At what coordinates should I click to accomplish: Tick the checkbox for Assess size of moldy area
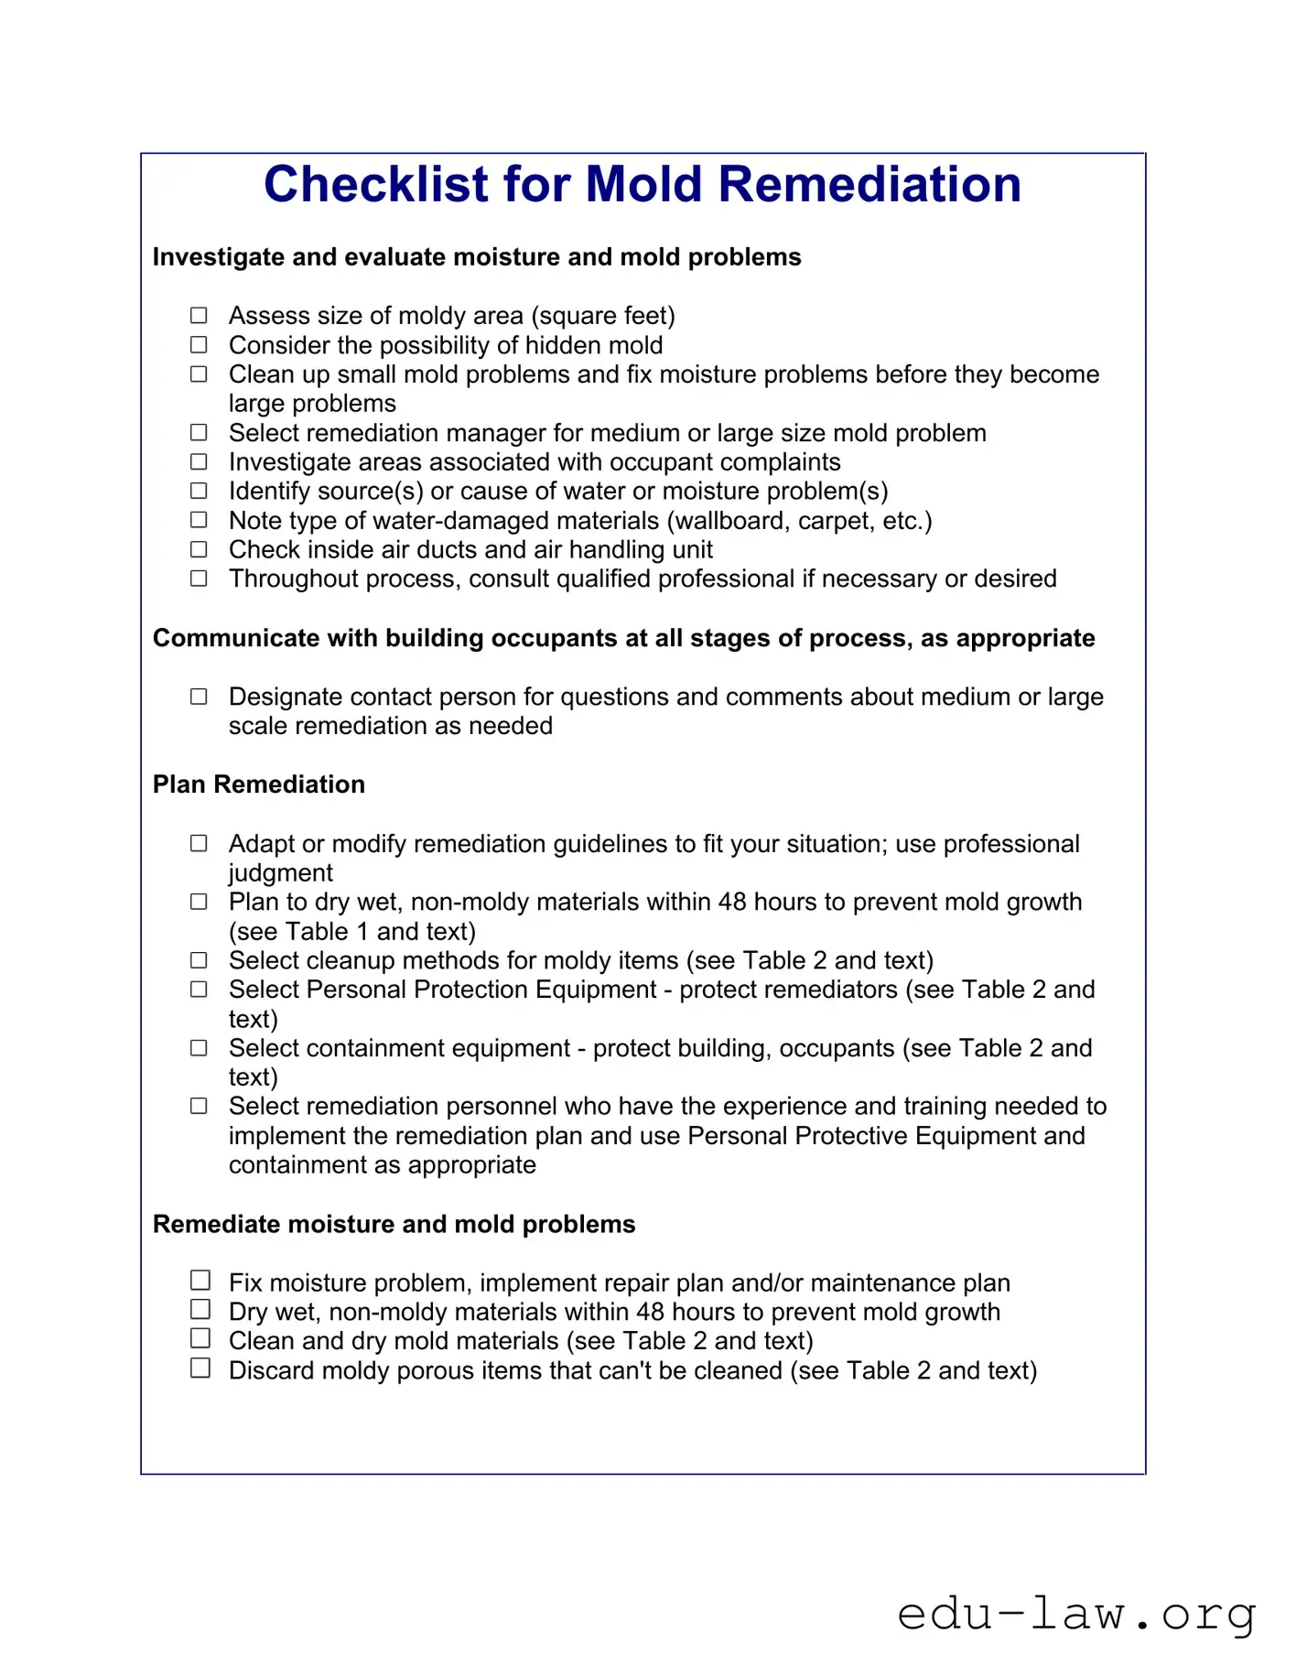[199, 316]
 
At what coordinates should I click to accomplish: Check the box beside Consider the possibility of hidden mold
[199, 345]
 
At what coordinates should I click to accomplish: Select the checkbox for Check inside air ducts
[199, 549]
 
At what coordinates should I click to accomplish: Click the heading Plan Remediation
[258, 784]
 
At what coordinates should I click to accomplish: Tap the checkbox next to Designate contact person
[199, 697]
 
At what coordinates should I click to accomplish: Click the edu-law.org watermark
[1076, 1613]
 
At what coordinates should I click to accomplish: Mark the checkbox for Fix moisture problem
[200, 1281]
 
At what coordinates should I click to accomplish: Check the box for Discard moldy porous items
[200, 1369]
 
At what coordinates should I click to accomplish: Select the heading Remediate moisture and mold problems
[394, 1225]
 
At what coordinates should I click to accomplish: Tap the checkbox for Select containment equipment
[199, 1048]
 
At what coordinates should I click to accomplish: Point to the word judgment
[280, 873]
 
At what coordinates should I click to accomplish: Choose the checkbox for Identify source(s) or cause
[199, 491]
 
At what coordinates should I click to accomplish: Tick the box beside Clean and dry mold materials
[200, 1339]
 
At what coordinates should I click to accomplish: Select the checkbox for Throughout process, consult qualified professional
[199, 579]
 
